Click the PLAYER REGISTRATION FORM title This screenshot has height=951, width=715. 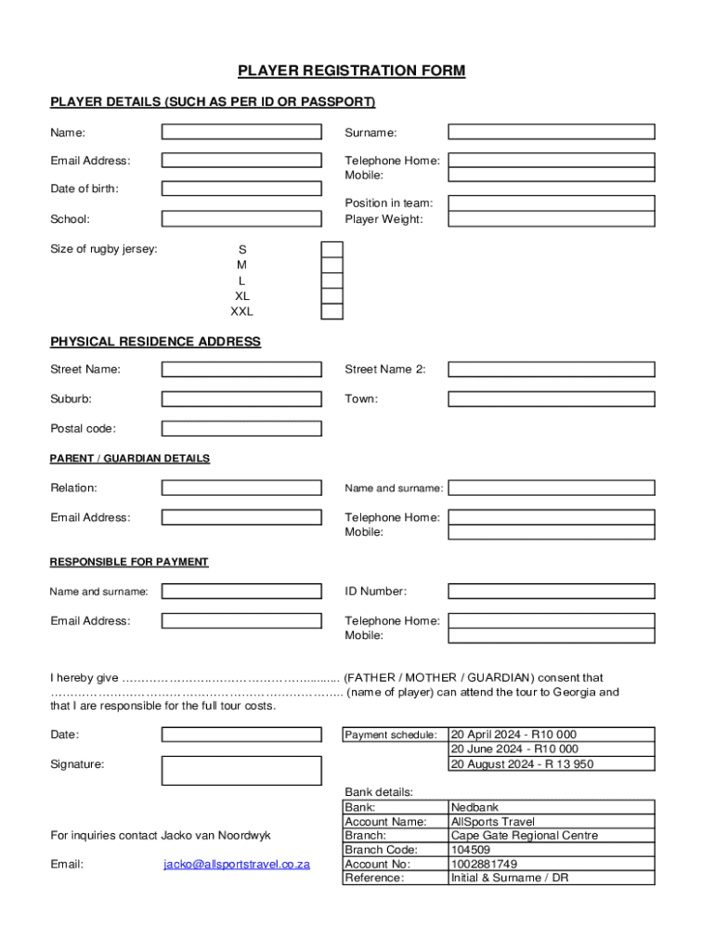pyautogui.click(x=351, y=71)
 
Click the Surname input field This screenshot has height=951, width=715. pyautogui.click(x=552, y=132)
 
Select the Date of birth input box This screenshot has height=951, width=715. pyautogui.click(x=241, y=189)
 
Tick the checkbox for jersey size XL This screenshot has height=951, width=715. pyautogui.click(x=331, y=295)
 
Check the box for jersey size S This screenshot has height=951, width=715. pyautogui.click(x=331, y=249)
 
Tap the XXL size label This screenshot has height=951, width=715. pyautogui.click(x=242, y=311)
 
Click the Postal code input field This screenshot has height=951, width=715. pyautogui.click(x=241, y=428)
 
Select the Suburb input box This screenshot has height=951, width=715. pyautogui.click(x=241, y=398)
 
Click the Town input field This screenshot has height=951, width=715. pyautogui.click(x=552, y=398)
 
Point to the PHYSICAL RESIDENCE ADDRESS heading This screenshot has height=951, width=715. pyautogui.click(x=155, y=342)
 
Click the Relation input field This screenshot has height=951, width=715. pyautogui.click(x=241, y=488)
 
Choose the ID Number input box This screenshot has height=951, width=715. pyautogui.click(x=552, y=591)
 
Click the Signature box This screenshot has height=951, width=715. pyautogui.click(x=241, y=770)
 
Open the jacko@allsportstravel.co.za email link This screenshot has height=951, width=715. pyautogui.click(x=237, y=864)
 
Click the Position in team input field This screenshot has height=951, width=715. pyautogui.click(x=552, y=203)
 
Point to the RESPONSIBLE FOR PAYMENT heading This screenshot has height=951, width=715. pyautogui.click(x=129, y=562)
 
